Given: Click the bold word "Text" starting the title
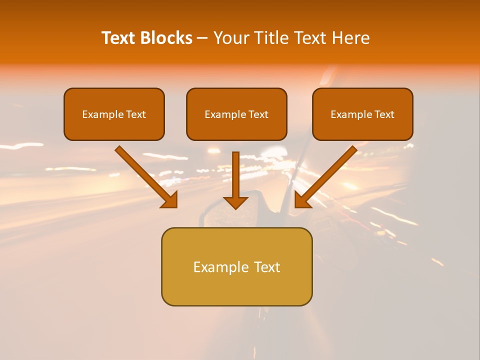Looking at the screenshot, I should [x=118, y=38].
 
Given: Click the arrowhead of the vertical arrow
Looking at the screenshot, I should [x=235, y=202].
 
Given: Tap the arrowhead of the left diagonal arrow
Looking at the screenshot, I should [x=170, y=200].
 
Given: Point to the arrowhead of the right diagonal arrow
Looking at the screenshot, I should [x=302, y=200].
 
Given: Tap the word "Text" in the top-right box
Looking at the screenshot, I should [x=384, y=114].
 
